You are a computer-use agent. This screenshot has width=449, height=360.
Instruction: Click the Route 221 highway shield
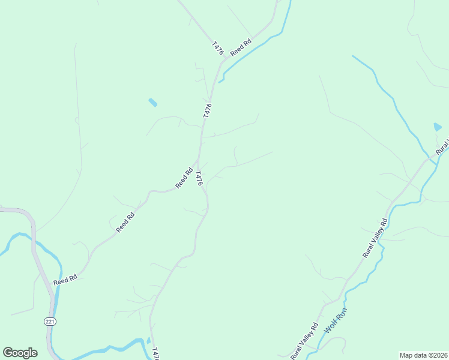49,322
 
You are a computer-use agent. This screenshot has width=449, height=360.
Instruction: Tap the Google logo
20,353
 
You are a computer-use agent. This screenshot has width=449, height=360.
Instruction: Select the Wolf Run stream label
336,321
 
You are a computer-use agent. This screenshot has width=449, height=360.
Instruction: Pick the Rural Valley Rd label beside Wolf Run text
304,343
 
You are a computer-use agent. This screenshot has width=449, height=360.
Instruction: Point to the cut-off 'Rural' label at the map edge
442,148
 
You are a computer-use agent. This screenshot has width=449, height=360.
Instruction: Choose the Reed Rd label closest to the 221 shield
65,279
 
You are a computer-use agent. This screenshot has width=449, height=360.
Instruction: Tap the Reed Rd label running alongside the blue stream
240,47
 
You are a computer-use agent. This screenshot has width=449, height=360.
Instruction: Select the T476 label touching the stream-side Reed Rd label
217,49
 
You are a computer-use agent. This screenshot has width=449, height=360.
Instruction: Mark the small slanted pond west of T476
153,103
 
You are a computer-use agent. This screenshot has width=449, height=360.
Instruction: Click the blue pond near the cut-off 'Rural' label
438,127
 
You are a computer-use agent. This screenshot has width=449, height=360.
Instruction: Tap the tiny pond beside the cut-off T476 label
148,341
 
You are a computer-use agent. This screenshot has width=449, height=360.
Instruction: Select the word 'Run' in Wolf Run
342,314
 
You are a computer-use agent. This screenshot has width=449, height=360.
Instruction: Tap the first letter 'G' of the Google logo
8,353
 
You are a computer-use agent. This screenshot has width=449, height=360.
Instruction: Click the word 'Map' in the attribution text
406,355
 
